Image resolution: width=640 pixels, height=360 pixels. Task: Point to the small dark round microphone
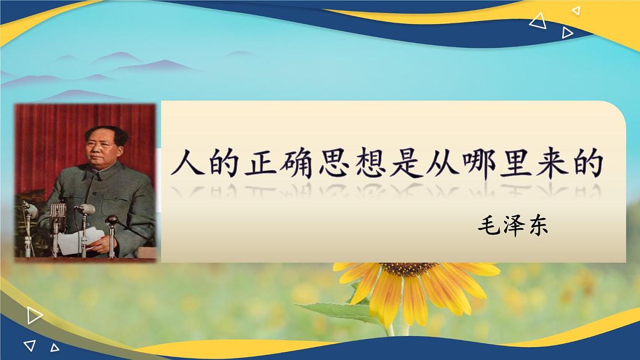tap(111, 219)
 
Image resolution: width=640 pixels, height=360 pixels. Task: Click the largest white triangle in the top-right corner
tap(538, 21)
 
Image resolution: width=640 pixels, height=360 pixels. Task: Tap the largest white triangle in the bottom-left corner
tap(34, 316)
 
